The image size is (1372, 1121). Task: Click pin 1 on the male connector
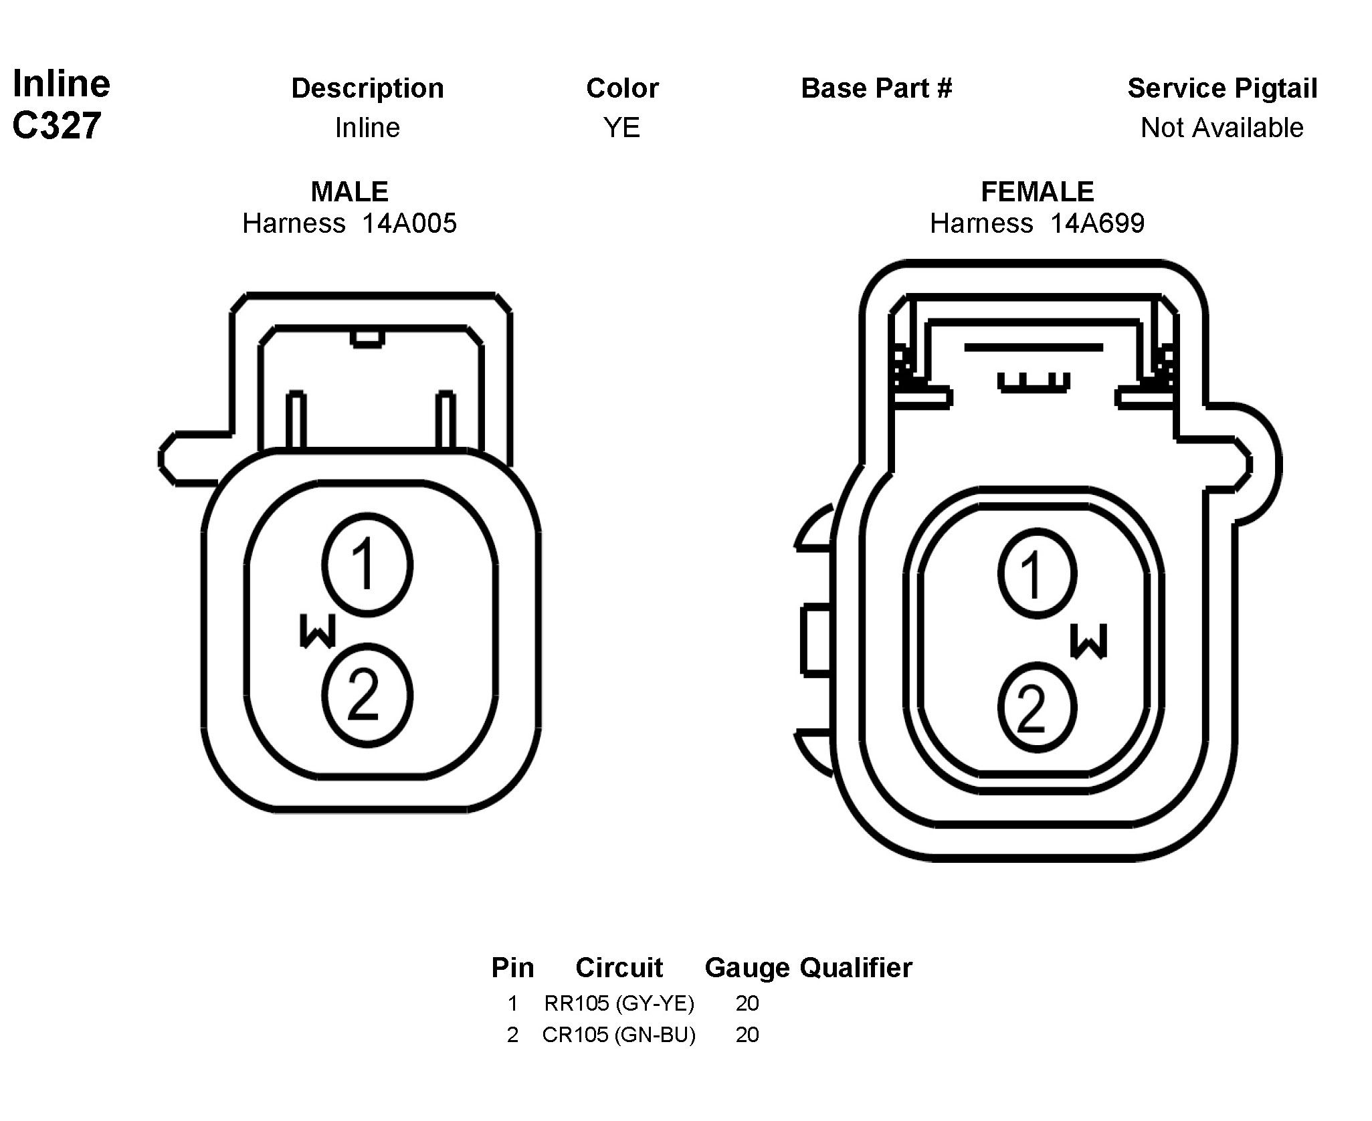click(367, 565)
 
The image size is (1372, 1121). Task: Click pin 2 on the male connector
click(367, 696)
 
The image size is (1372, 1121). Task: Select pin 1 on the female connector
click(1037, 574)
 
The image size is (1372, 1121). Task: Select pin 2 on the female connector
click(1037, 708)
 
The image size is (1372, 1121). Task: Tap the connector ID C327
click(57, 125)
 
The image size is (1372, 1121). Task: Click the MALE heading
click(349, 192)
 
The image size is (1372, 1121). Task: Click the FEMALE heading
click(1037, 192)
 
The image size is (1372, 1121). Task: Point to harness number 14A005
click(409, 223)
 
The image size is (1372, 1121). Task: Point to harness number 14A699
click(1097, 223)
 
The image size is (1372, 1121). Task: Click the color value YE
click(621, 128)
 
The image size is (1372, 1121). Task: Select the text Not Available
click(1221, 128)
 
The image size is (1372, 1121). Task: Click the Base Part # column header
click(876, 88)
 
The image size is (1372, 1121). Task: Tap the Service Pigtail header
click(1222, 88)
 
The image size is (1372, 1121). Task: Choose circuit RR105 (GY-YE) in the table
click(619, 1003)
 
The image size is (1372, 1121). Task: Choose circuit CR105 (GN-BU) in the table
click(619, 1035)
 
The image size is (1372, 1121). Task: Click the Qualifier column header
click(856, 968)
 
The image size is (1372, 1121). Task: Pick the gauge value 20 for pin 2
click(747, 1035)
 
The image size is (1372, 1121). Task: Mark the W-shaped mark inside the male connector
click(317, 631)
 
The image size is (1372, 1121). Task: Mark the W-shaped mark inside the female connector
click(1088, 641)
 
